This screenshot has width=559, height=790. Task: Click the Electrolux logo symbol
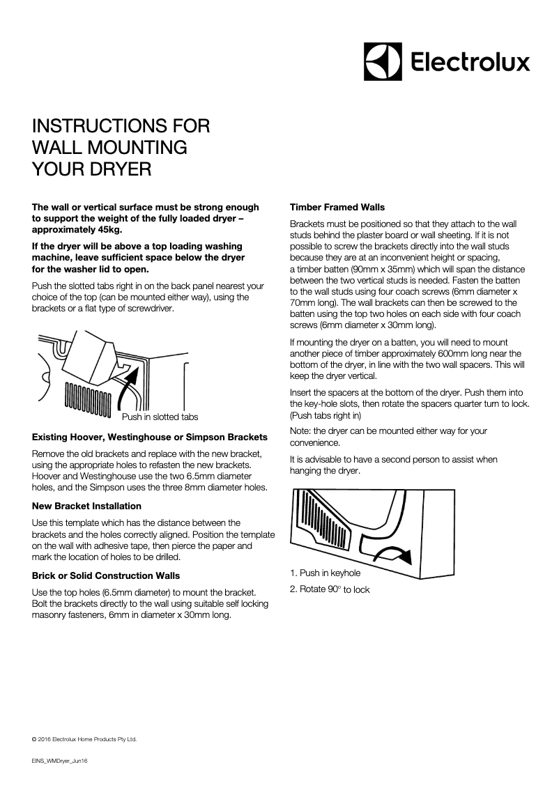click(x=383, y=61)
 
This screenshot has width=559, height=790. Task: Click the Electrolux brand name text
click(x=468, y=63)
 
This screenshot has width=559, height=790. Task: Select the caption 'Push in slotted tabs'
click(x=160, y=417)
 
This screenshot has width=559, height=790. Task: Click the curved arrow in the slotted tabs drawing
click(x=130, y=387)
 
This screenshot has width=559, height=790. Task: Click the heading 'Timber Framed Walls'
click(x=337, y=208)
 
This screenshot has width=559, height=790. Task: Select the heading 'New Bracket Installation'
click(x=86, y=506)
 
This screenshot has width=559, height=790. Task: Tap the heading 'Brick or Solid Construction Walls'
click(x=106, y=575)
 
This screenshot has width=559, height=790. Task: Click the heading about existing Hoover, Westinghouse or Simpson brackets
click(x=149, y=437)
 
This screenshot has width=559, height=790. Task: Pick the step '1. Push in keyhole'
click(x=325, y=573)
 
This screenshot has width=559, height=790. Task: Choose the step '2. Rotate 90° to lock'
click(x=329, y=589)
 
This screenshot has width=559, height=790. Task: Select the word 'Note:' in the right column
click(x=301, y=431)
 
